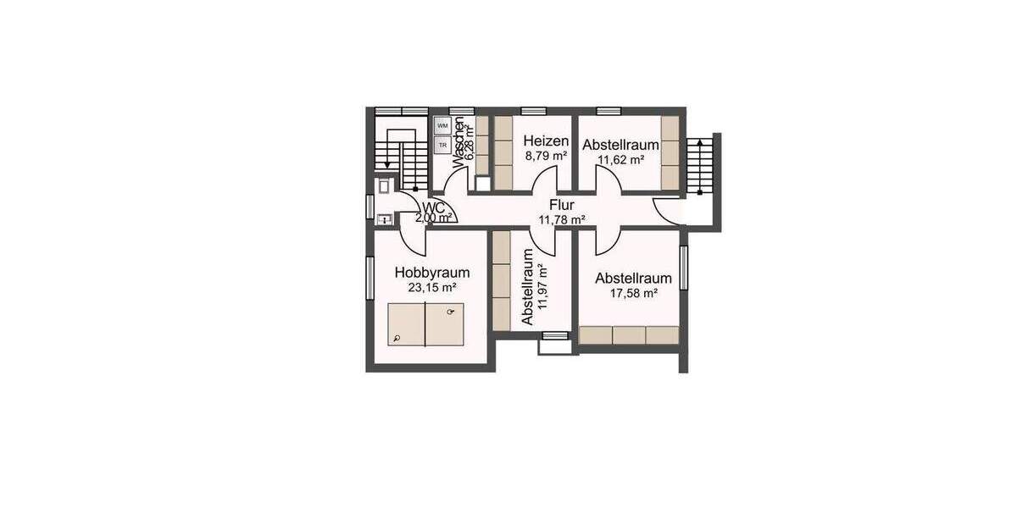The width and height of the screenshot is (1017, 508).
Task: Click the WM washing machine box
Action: [442, 126]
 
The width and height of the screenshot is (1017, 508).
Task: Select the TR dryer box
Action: [442, 145]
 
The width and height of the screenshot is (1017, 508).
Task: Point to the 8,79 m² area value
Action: [546, 157]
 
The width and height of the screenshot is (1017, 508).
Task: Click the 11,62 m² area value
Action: [620, 158]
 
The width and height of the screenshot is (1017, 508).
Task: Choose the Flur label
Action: [562, 205]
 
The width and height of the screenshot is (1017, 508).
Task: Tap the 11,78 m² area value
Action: [562, 220]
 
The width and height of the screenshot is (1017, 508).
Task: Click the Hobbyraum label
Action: [431, 273]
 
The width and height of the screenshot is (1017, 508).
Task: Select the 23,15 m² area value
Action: [431, 288]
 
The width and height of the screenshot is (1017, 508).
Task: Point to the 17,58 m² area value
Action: [633, 293]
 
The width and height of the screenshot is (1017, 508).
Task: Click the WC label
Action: [433, 207]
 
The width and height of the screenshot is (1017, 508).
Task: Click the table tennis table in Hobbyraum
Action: [425, 324]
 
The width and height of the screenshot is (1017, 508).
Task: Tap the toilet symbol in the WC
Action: [385, 185]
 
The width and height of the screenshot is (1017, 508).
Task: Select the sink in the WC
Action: [384, 219]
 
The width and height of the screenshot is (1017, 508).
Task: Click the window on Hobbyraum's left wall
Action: [370, 277]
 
